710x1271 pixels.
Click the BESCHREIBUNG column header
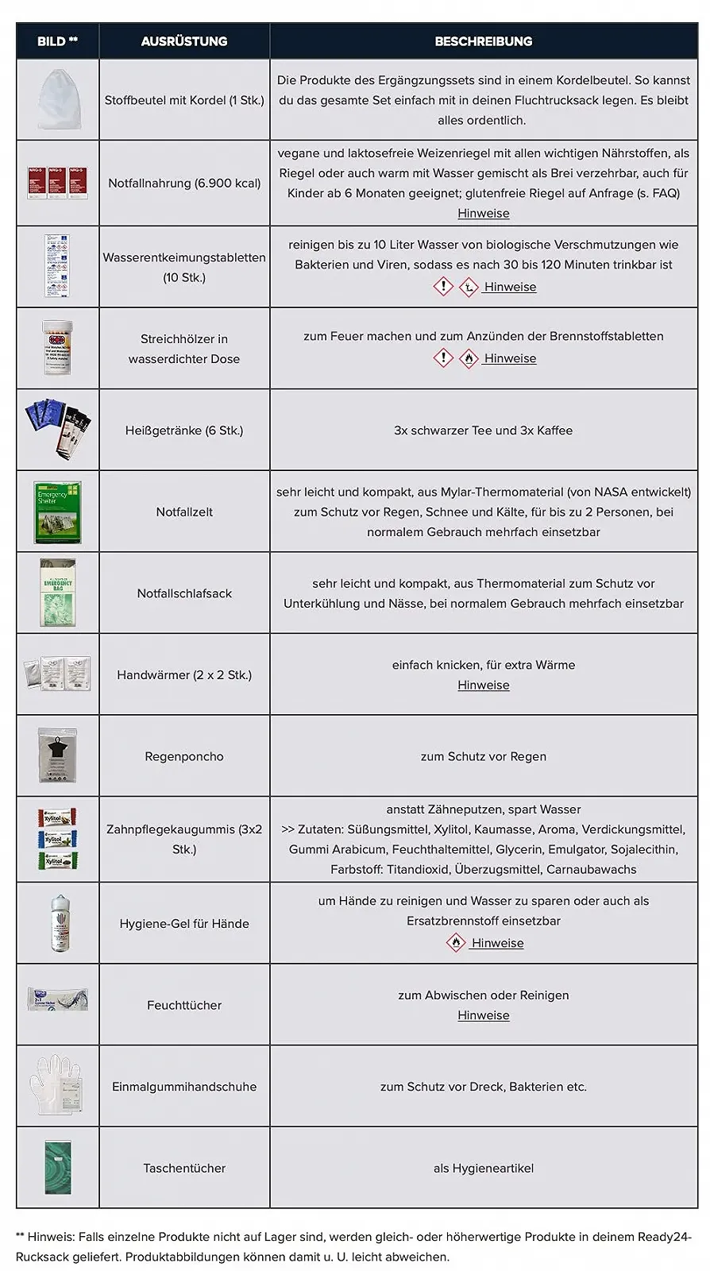(483, 41)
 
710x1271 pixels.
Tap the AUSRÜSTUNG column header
(184, 41)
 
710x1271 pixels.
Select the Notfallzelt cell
(184, 512)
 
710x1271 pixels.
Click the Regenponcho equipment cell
(184, 756)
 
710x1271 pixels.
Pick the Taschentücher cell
(184, 1168)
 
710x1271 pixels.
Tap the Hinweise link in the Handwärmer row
(483, 685)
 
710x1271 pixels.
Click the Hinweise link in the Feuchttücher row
(483, 1015)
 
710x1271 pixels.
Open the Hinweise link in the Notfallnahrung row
(483, 213)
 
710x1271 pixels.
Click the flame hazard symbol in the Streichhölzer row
(469, 358)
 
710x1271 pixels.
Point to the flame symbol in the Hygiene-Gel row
(456, 943)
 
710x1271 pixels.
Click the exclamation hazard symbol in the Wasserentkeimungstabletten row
(442, 287)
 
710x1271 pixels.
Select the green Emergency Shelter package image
(57, 512)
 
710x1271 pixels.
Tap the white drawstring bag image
(57, 99)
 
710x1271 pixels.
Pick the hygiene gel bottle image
(57, 923)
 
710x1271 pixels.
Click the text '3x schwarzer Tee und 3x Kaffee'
(483, 431)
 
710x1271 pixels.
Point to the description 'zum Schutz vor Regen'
(483, 756)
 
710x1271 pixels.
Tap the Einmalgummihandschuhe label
(184, 1087)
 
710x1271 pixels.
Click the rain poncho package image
(57, 755)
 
